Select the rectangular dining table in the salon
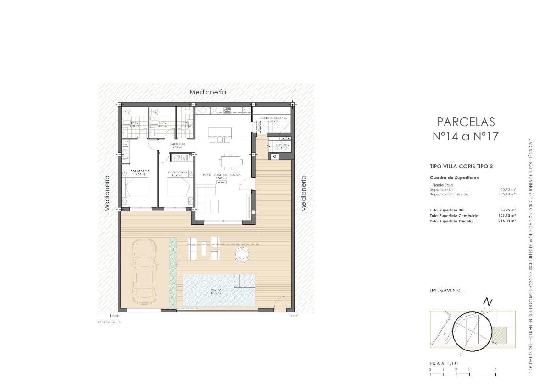pos(229,161)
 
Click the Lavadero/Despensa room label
pos(273,118)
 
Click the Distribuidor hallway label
pos(177,144)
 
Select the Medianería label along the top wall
pos(208,92)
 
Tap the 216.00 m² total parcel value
pos(507,221)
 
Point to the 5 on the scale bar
pos(495,369)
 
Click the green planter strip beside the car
pos(172,272)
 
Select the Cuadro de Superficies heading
pos(454,178)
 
